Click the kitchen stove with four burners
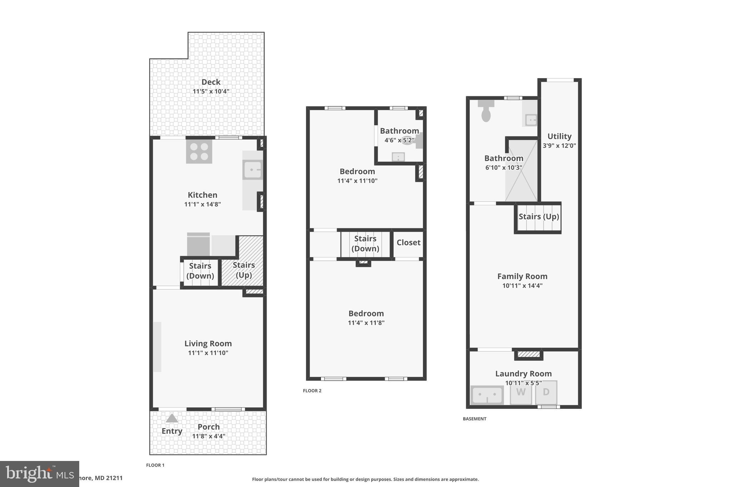[x=199, y=151]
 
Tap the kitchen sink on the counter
[x=253, y=170]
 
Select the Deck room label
[x=211, y=82]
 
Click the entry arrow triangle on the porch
[x=172, y=418]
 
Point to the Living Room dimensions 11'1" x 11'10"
[x=208, y=353]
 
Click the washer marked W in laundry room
[x=521, y=392]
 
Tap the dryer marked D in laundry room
[x=546, y=392]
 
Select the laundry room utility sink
[x=487, y=395]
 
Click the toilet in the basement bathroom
[x=486, y=111]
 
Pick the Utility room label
[x=559, y=136]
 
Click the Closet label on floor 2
[x=408, y=243]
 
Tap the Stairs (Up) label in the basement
[x=539, y=217]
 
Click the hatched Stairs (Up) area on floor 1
[x=244, y=270]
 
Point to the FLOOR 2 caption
[x=312, y=391]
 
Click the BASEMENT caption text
[x=474, y=419]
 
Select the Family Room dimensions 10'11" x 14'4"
[x=522, y=285]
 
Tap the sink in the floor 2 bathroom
[x=398, y=157]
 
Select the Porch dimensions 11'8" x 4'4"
[x=208, y=436]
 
